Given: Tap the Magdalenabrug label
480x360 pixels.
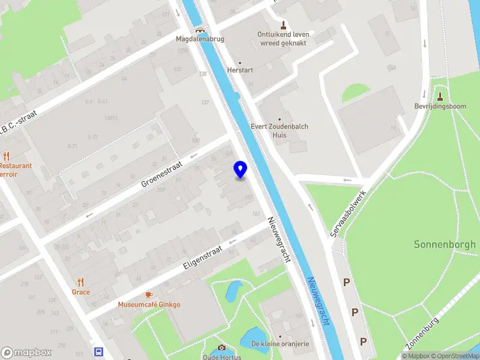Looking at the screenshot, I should [x=199, y=39].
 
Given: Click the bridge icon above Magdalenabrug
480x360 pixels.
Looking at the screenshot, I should [x=199, y=29].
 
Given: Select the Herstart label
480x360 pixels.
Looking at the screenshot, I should [x=240, y=70].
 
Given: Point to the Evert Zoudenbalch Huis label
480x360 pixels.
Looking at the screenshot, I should [x=280, y=131].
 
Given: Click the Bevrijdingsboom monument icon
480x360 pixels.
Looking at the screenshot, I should [x=440, y=97].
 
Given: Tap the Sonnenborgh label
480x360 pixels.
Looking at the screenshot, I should [x=445, y=244].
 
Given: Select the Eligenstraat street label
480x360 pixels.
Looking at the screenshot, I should [x=203, y=258].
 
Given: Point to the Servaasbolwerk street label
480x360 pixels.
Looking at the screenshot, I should [x=349, y=214].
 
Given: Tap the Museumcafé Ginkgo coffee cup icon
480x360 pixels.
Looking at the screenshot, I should [x=149, y=295].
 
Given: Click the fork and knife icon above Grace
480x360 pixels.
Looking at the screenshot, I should [x=81, y=282].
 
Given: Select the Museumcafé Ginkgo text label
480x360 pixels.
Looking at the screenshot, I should [x=149, y=304].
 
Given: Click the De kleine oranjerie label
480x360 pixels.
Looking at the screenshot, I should [x=280, y=344].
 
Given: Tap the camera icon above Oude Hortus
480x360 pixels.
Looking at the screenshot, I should [x=221, y=347].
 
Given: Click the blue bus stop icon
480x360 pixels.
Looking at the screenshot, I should [x=98, y=352].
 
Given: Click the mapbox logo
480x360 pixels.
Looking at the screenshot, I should [x=26, y=352].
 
